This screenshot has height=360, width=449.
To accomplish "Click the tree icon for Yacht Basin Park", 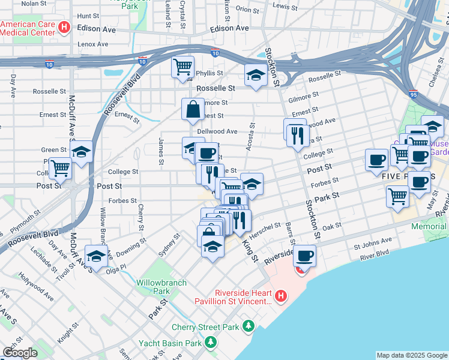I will pyautogui.click(x=210, y=343).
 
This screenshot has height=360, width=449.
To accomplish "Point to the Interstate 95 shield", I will pyautogui.click(x=412, y=94).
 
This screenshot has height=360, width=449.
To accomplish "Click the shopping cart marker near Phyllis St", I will pyautogui.click(x=183, y=67).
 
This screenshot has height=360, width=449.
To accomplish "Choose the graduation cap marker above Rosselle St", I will pyautogui.click(x=256, y=76).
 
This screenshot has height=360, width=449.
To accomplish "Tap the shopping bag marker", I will pyautogui.click(x=193, y=110).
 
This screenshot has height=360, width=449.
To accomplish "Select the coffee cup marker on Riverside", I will pyautogui.click(x=305, y=256).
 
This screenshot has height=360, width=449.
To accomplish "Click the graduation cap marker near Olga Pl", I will pyautogui.click(x=97, y=256).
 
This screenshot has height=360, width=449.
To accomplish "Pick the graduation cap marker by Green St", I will pyautogui.click(x=82, y=152).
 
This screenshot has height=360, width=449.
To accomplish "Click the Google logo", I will pyautogui.click(x=19, y=353).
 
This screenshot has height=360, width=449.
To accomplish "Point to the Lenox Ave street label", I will pyautogui.click(x=92, y=44).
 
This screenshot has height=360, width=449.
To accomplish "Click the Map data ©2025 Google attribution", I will pyautogui.click(x=412, y=355).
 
